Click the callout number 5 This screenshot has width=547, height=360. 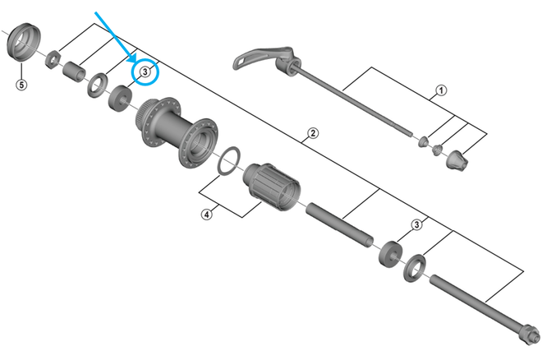click(x=21, y=85)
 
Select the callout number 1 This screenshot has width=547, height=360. click(x=441, y=90)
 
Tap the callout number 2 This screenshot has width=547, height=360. click(x=313, y=133)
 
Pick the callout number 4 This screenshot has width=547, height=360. click(x=207, y=214)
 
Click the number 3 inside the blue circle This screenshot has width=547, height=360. click(x=145, y=72)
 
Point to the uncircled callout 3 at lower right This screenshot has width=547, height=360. click(x=416, y=224)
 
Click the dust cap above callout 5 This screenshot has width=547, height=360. click(x=24, y=42)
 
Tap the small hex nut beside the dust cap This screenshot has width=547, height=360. click(x=53, y=59)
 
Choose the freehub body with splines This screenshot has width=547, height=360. click(x=271, y=187)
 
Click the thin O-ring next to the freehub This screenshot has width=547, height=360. click(x=229, y=160)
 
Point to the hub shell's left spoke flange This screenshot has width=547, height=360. click(x=158, y=122)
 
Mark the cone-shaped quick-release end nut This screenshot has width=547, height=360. click(x=457, y=160)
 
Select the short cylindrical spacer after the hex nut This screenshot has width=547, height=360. click(x=74, y=72)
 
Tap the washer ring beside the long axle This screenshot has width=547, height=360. click(x=415, y=269)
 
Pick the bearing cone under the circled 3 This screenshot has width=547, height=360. click(x=121, y=98)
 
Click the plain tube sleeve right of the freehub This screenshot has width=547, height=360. click(x=340, y=225)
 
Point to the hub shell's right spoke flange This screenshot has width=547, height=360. click(x=198, y=143)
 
